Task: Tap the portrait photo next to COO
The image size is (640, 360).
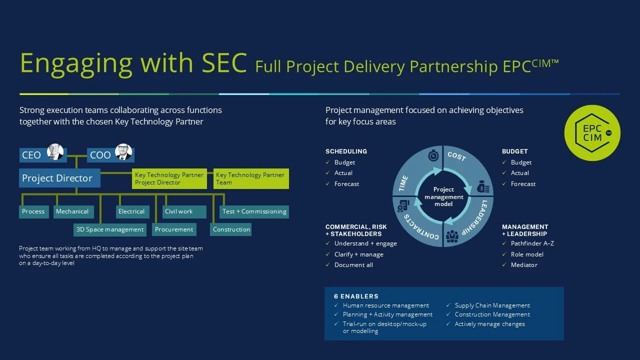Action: point(123,152)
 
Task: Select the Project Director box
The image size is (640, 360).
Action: point(60,178)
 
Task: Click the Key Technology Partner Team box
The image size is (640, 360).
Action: point(251,178)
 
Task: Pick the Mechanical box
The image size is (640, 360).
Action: point(73,211)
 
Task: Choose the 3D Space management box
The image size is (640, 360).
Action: point(109,229)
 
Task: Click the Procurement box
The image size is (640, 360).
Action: point(174,229)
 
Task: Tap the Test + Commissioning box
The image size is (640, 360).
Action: point(254,211)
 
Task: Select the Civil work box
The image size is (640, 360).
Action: point(184,211)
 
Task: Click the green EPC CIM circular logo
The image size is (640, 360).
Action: point(592,133)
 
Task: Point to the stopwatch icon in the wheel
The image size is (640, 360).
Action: point(432,156)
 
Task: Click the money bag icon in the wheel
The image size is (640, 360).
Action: point(483,187)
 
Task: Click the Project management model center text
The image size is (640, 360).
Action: point(443,196)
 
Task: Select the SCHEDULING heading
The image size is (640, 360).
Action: point(346,151)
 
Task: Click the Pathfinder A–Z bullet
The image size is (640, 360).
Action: point(532,243)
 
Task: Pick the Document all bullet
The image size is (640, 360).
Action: point(353,265)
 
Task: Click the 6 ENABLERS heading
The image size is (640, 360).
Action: point(356,296)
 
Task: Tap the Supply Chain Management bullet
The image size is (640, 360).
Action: point(492,305)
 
